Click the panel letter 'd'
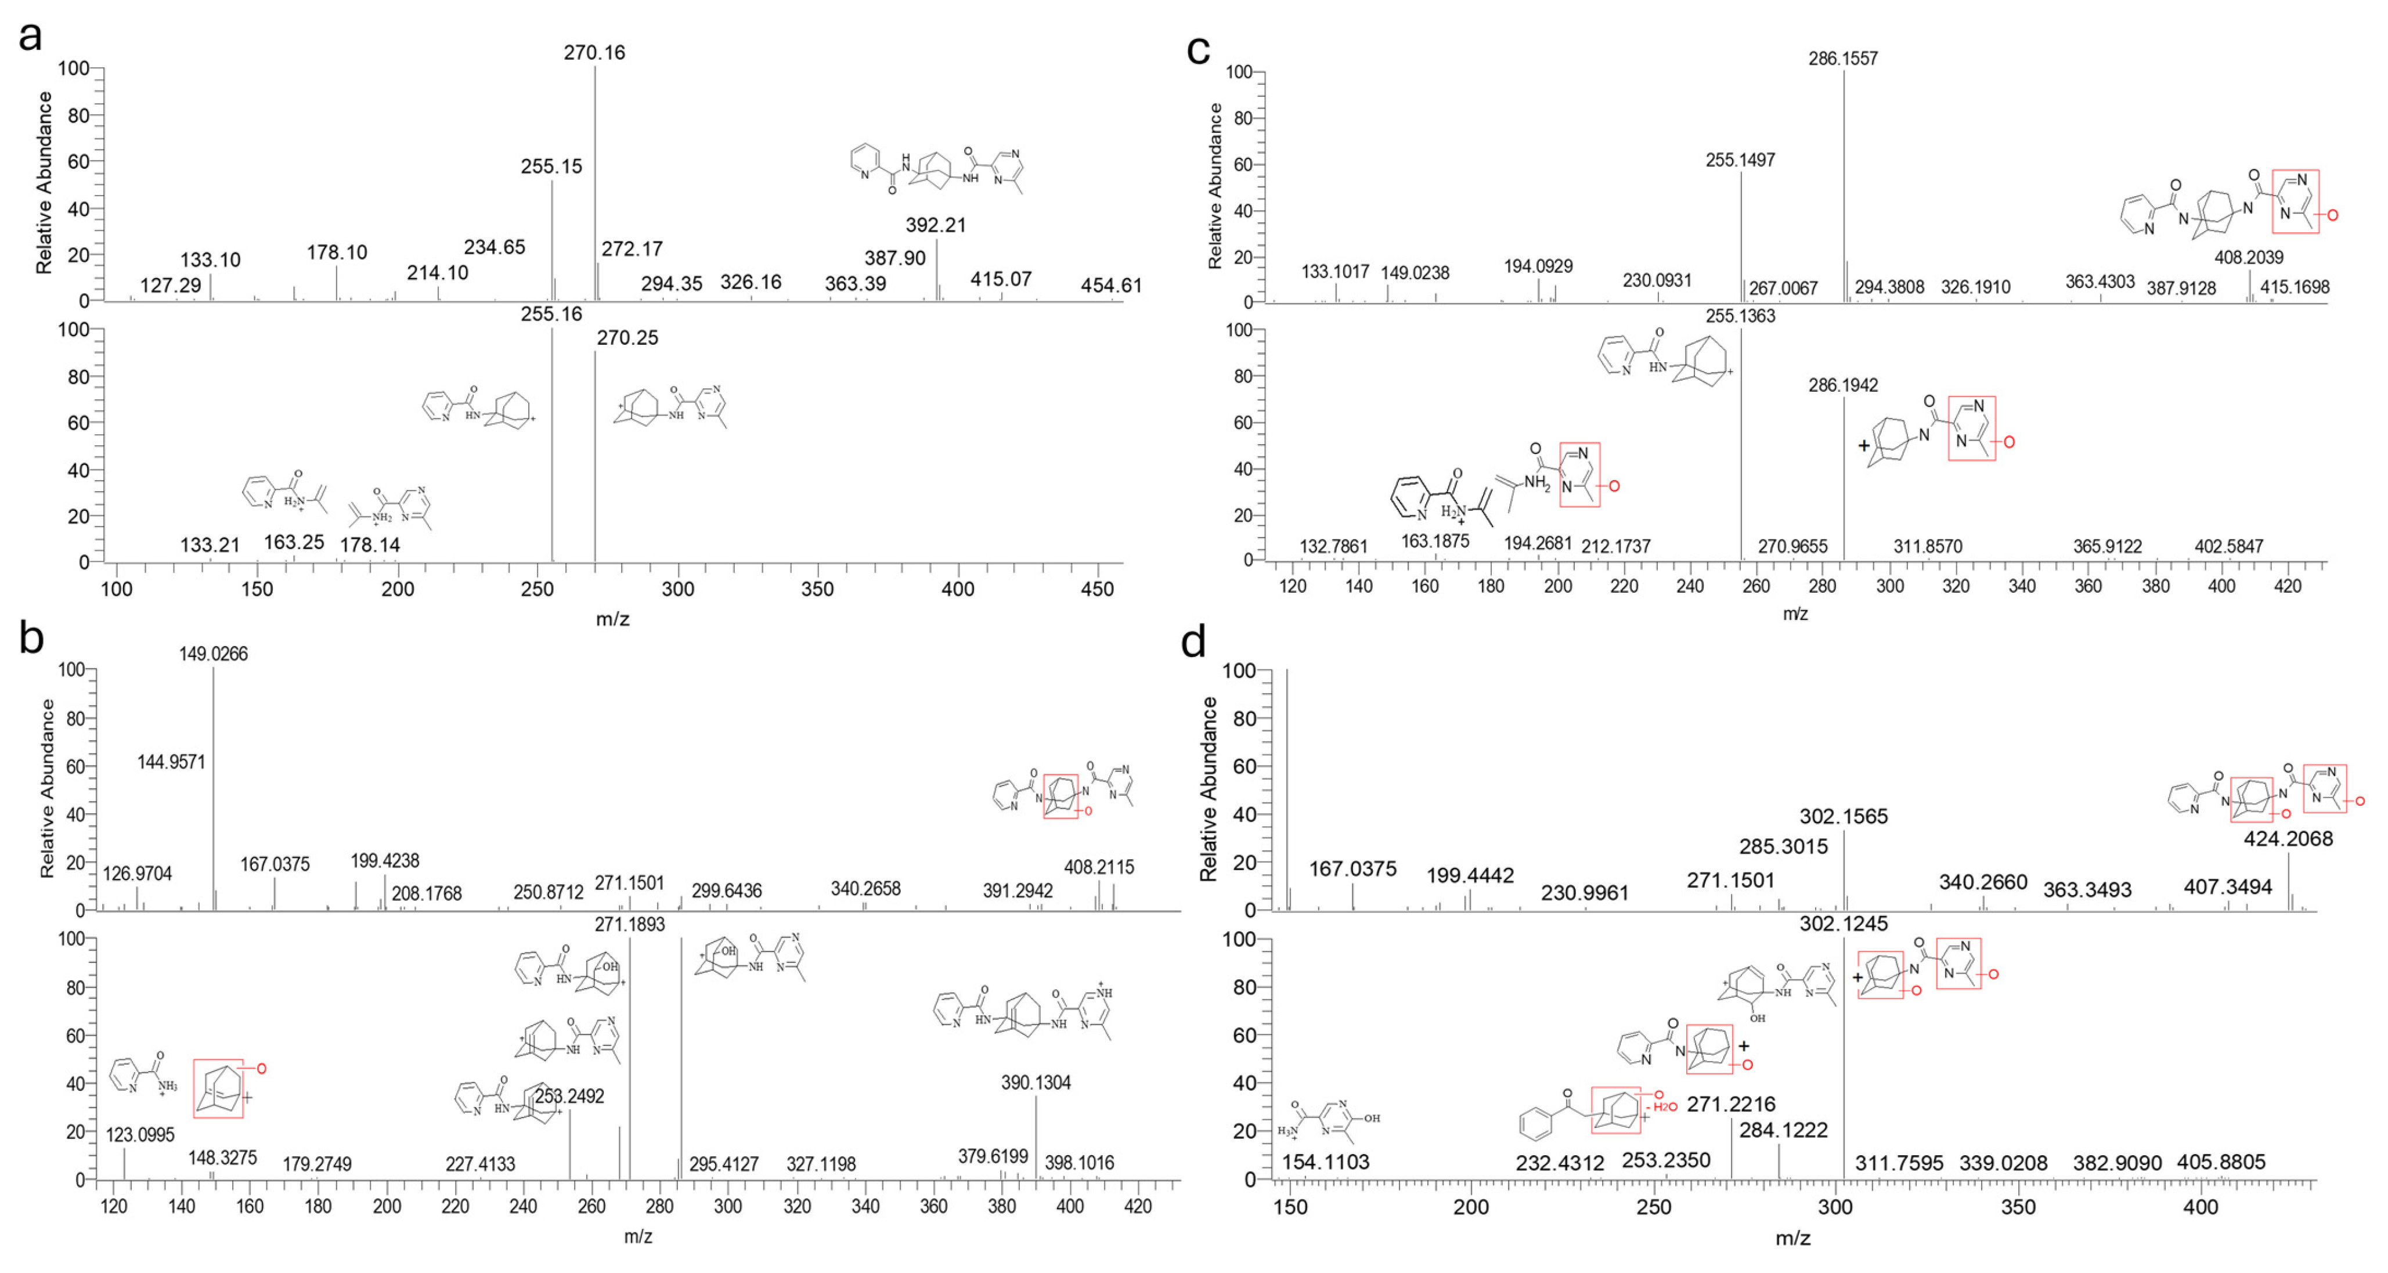(1193, 641)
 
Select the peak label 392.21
(935, 225)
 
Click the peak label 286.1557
(1843, 59)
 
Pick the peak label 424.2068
(2288, 839)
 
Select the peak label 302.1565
(1843, 817)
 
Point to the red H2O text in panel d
(1665, 1107)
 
